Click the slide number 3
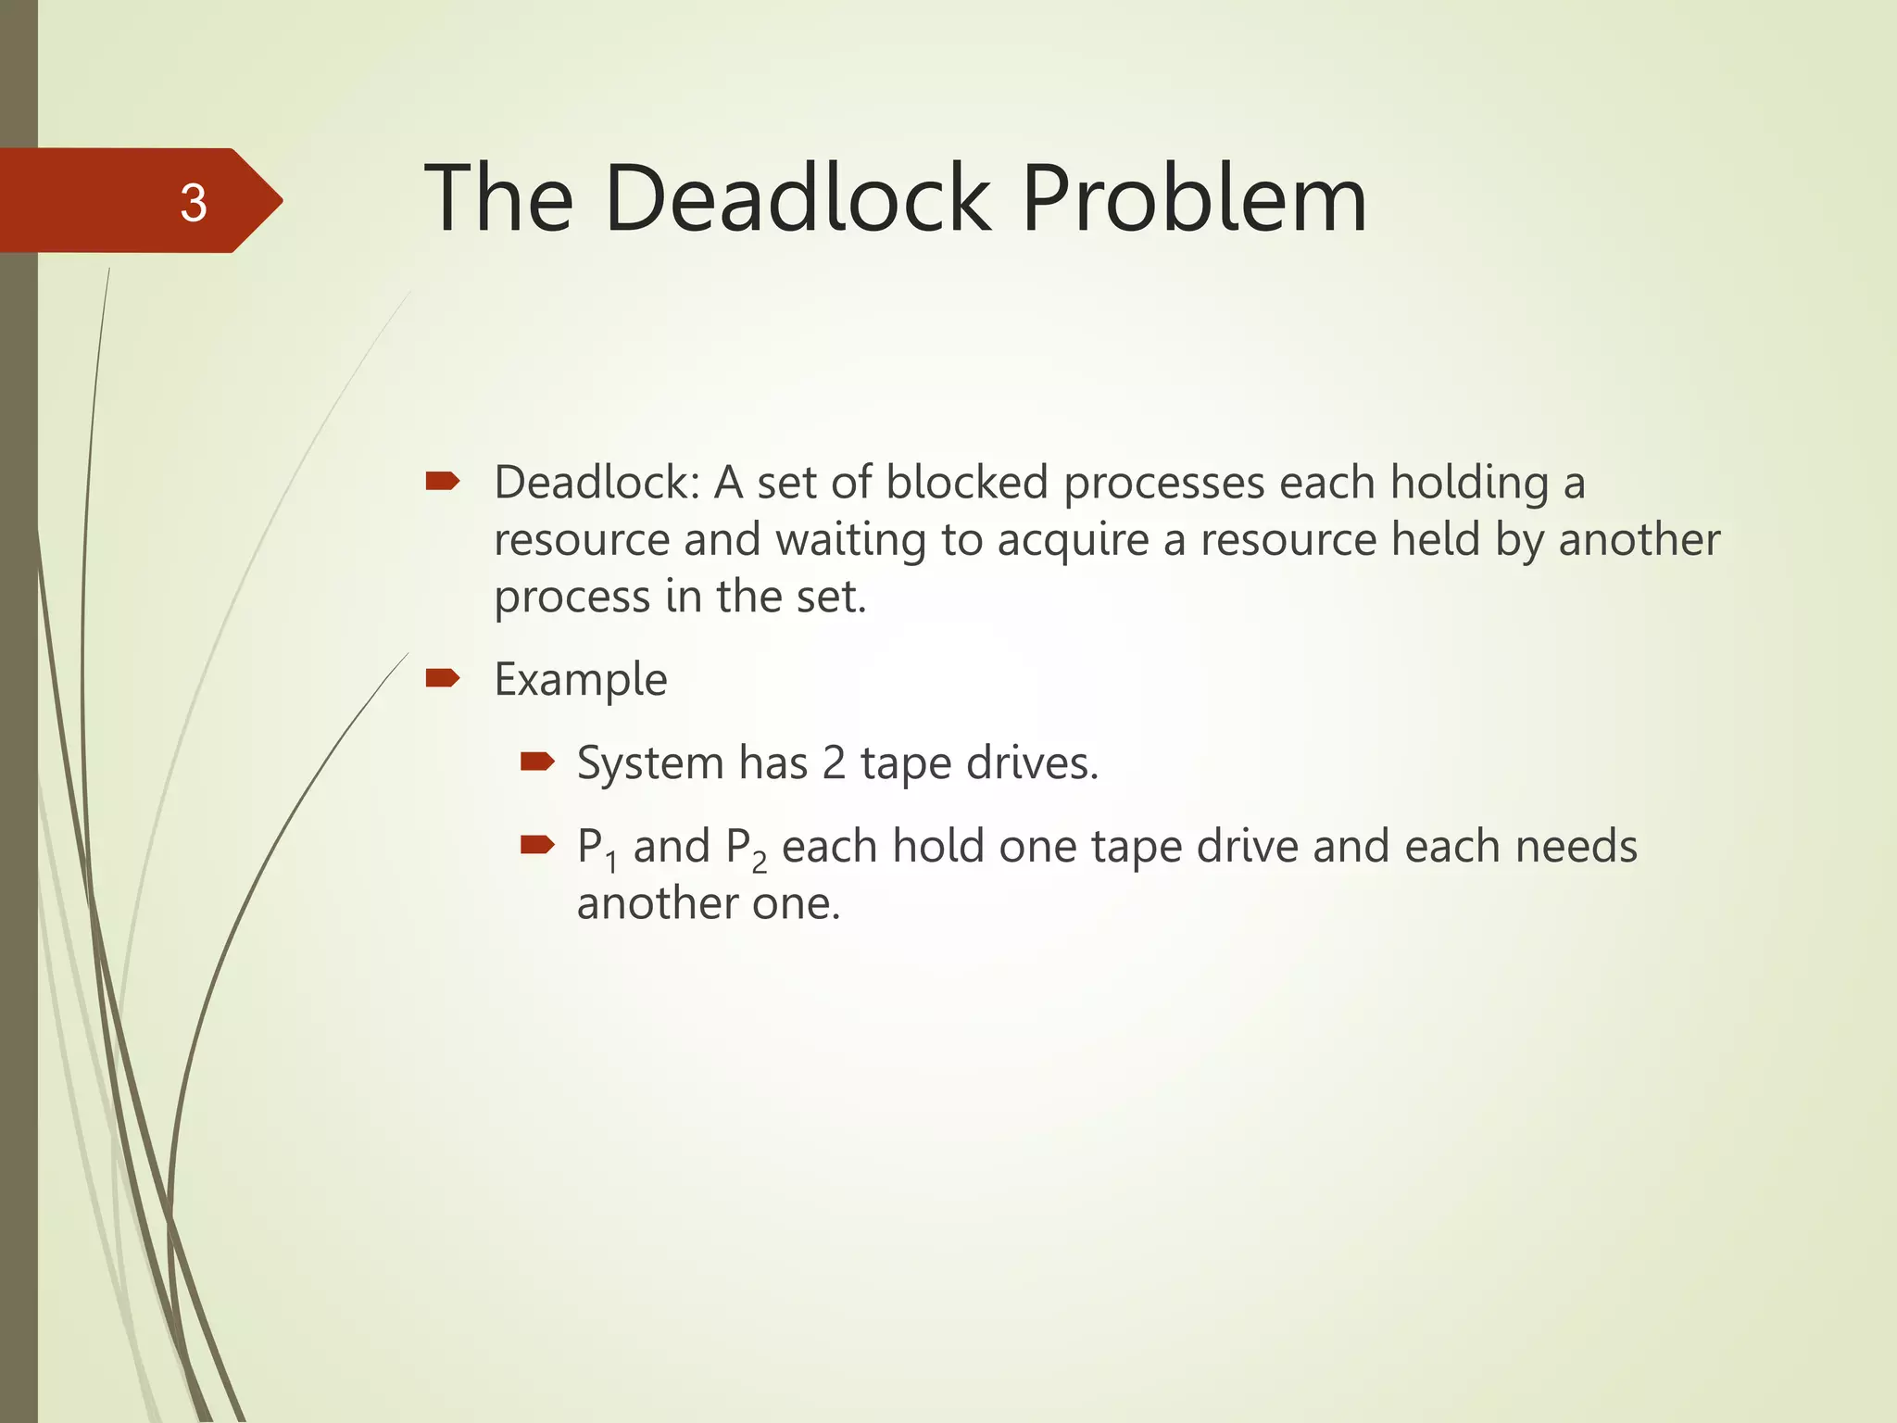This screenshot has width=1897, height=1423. click(x=193, y=203)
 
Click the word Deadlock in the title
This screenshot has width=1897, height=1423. click(x=798, y=198)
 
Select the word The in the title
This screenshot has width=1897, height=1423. click(x=498, y=198)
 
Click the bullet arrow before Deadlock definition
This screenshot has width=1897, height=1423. click(x=442, y=480)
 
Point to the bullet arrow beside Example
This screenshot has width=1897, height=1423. click(x=442, y=678)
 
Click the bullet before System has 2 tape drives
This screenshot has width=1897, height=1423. click(x=536, y=762)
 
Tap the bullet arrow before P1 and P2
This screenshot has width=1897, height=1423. click(x=536, y=844)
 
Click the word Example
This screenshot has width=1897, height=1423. click(x=581, y=680)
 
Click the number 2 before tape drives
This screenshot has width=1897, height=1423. click(x=834, y=763)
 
